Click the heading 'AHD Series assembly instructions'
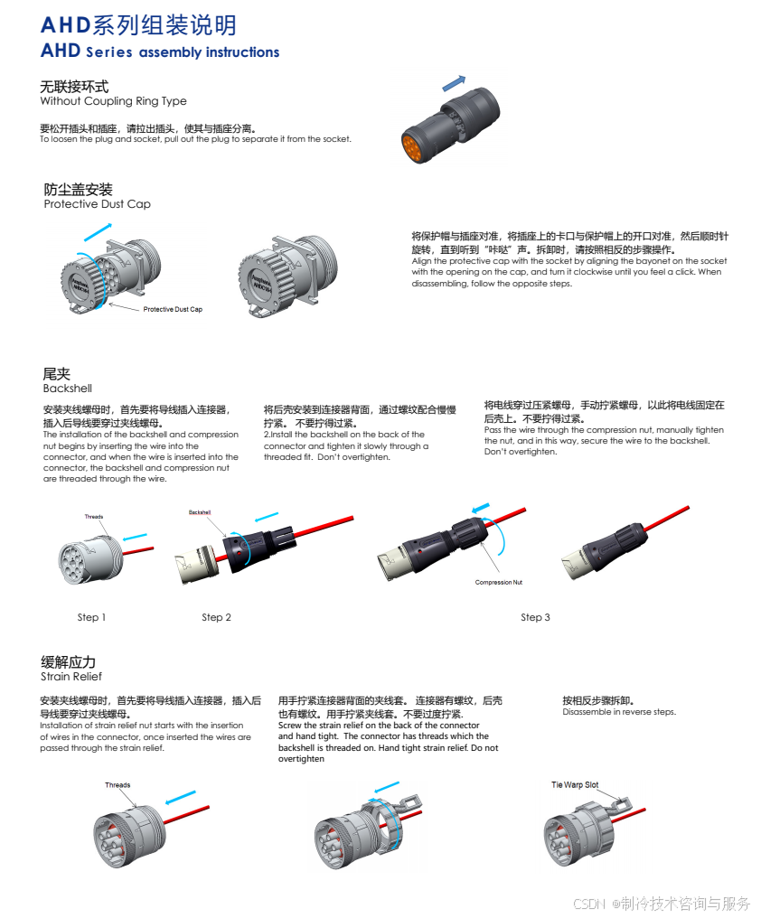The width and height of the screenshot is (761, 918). tap(160, 52)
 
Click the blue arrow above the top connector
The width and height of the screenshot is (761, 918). tap(454, 83)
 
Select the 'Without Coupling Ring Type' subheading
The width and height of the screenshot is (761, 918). tap(113, 100)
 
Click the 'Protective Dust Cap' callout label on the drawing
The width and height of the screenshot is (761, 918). tap(173, 309)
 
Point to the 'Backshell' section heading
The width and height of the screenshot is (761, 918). tap(68, 389)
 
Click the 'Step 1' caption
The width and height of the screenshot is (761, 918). tap(91, 617)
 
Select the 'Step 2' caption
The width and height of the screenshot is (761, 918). tap(216, 617)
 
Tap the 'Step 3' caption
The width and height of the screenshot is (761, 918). tap(535, 617)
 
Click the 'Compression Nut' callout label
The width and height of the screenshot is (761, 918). tap(499, 582)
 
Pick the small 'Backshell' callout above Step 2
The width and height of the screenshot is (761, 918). tap(200, 512)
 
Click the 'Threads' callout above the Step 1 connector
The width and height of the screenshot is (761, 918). tap(94, 517)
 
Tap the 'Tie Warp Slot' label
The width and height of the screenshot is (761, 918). tap(575, 784)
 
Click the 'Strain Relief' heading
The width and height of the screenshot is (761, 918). tap(70, 676)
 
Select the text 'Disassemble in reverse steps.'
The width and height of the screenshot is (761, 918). tap(619, 712)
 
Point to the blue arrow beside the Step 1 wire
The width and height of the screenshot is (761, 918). tap(135, 537)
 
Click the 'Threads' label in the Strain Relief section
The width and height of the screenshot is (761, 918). tap(117, 785)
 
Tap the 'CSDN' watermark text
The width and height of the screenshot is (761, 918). tap(588, 904)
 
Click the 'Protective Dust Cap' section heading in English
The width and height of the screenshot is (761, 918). tap(98, 203)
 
